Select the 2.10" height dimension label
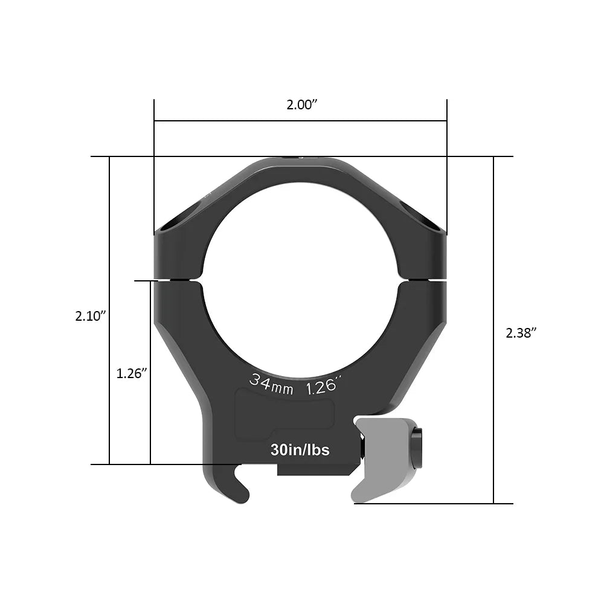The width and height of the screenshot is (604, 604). tap(91, 315)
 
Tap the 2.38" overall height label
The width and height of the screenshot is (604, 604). tap(521, 332)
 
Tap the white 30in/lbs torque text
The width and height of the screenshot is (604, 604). tap(300, 450)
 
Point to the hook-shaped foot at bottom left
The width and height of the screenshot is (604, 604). tap(233, 486)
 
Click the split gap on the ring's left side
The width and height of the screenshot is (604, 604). tap(179, 280)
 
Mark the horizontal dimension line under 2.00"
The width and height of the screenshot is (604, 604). tap(300, 121)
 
